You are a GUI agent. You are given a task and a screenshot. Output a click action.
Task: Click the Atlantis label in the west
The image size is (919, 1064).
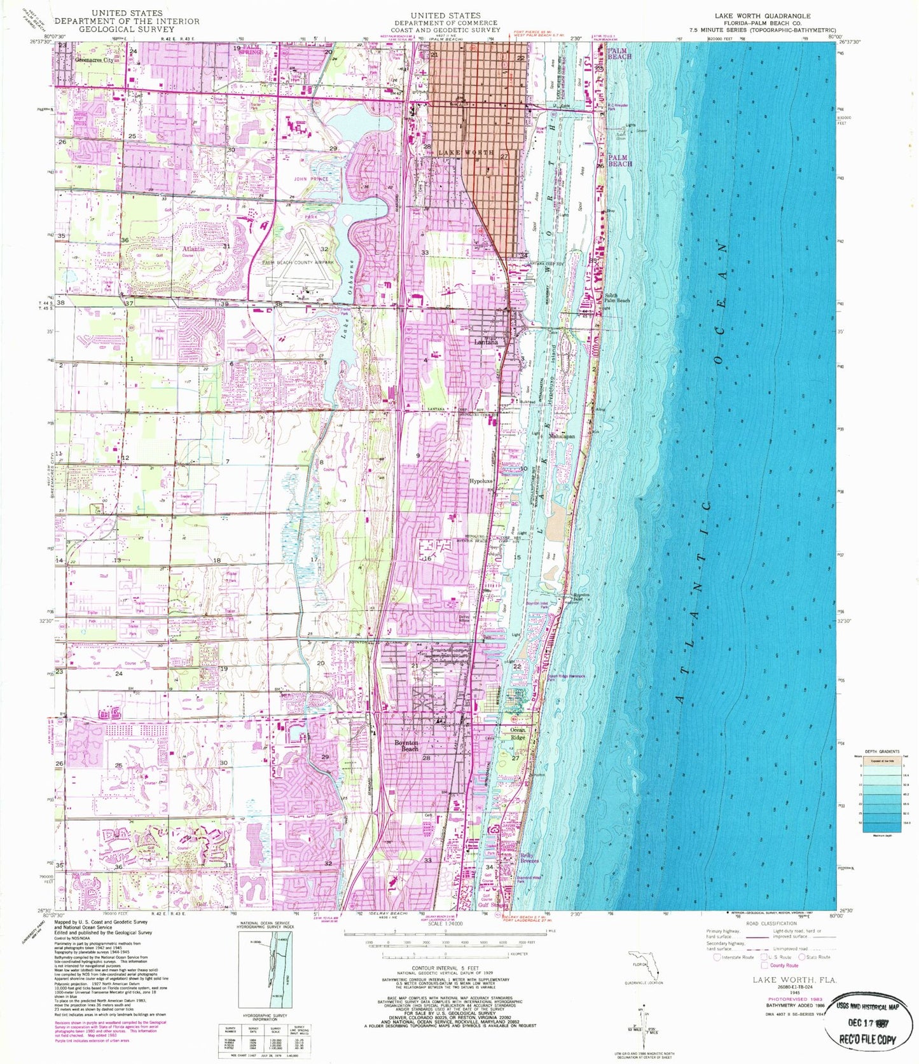[194, 249]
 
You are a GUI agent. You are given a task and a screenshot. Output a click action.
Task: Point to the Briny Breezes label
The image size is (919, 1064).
[530, 858]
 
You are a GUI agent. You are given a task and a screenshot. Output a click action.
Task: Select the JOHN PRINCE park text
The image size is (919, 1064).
[311, 179]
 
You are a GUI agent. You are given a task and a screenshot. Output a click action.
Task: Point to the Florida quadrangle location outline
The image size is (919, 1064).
[642, 965]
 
